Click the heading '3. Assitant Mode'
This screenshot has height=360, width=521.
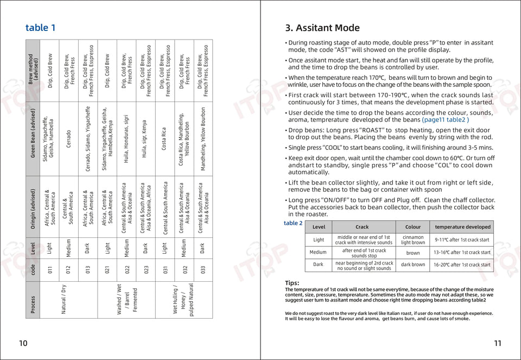point(322,28)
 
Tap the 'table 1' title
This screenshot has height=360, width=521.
point(40,28)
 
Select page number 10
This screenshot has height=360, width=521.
point(23,343)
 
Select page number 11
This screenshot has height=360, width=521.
point(498,343)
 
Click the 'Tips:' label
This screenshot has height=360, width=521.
point(292,283)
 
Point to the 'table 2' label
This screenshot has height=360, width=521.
point(293,223)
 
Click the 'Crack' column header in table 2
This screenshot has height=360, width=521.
point(362,227)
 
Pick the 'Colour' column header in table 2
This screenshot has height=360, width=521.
point(413,227)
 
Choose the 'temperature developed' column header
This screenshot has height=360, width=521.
point(462,227)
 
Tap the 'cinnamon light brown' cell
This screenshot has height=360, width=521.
point(413,240)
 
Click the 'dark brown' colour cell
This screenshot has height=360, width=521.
point(413,265)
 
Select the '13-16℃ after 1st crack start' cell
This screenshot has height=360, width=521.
point(462,252)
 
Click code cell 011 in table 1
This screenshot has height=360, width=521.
point(50,269)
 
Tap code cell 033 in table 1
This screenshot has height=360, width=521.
point(203,269)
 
